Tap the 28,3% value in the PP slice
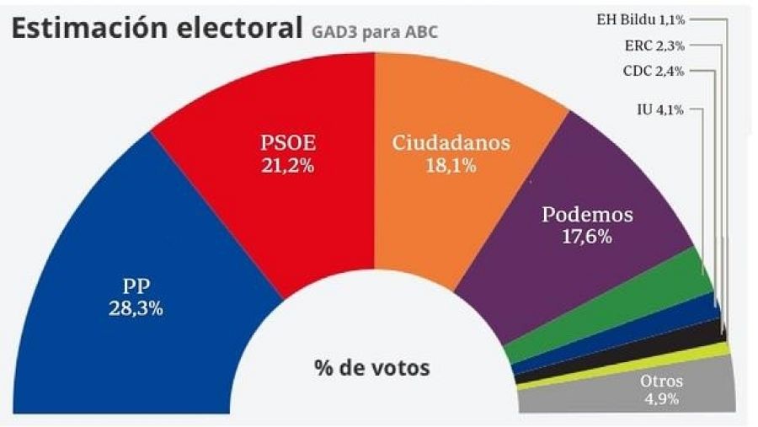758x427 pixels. [136, 308]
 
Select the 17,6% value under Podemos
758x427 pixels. [586, 237]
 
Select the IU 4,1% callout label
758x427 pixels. [665, 109]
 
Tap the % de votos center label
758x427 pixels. [371, 367]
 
